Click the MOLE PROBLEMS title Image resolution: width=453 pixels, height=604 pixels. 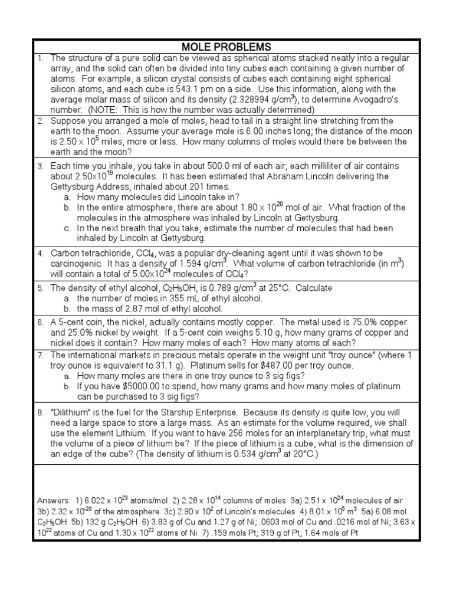[x=226, y=47]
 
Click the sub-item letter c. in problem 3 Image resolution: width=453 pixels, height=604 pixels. [x=68, y=228]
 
